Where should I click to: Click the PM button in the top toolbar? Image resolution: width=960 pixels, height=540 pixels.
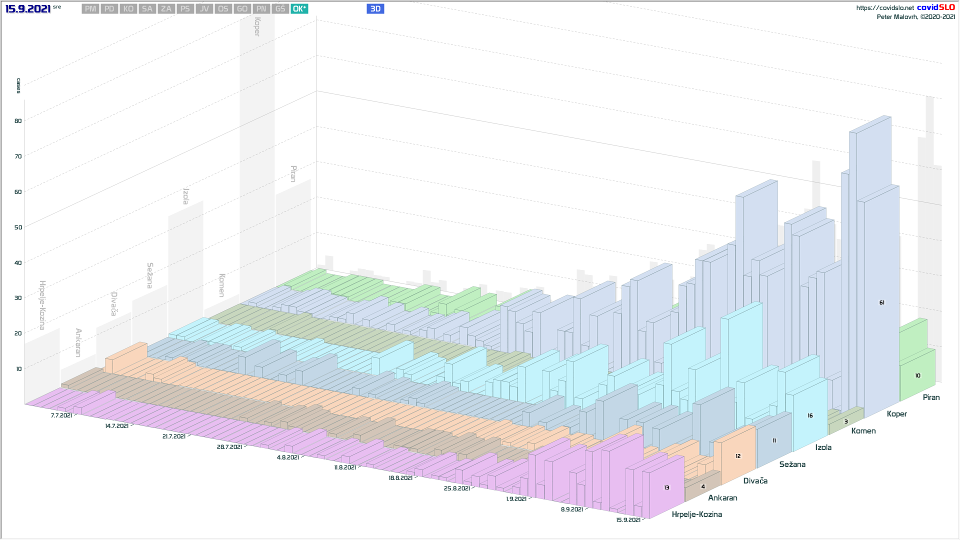(x=90, y=9)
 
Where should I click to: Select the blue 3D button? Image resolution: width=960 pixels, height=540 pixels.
(x=375, y=9)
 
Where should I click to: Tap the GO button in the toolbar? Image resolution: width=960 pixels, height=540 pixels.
(x=242, y=9)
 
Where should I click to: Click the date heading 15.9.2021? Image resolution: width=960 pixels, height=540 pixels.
(x=28, y=9)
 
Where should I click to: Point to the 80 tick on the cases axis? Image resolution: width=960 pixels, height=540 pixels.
(x=18, y=121)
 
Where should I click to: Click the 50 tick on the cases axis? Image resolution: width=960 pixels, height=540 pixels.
(x=18, y=227)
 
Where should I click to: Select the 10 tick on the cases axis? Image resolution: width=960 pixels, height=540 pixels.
(x=19, y=369)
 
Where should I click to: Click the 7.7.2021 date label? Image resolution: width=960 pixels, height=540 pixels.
(x=61, y=415)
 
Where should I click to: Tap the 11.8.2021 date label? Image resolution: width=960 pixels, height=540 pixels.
(x=345, y=467)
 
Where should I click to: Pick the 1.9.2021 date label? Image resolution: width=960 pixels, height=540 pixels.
(x=516, y=499)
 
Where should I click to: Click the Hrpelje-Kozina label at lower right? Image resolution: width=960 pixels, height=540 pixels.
(x=696, y=514)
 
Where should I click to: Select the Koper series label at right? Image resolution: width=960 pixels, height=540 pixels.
(x=896, y=414)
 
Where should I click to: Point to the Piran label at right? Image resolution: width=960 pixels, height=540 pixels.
(x=931, y=397)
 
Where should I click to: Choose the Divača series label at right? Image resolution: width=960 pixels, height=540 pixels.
(x=755, y=481)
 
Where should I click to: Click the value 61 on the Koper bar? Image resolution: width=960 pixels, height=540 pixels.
(x=881, y=302)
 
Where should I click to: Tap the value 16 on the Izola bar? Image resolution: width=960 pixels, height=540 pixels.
(x=810, y=415)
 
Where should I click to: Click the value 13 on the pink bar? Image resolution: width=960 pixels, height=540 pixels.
(x=666, y=487)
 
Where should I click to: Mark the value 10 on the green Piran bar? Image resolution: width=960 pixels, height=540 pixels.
(x=917, y=375)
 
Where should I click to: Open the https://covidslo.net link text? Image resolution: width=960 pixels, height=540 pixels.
(x=884, y=8)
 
